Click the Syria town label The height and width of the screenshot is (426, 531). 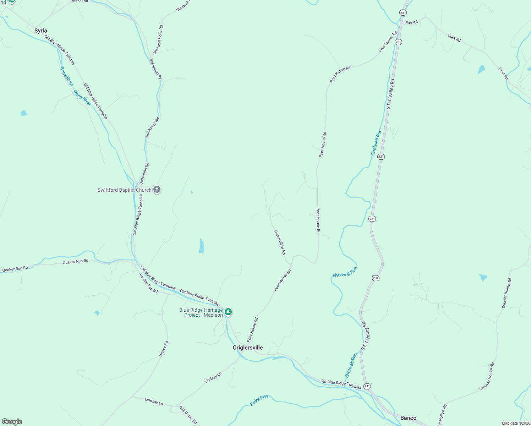click(x=40, y=31)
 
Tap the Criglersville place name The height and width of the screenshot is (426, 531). click(x=248, y=348)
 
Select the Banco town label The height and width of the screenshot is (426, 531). click(x=408, y=418)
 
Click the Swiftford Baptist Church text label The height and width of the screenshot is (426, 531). click(x=124, y=190)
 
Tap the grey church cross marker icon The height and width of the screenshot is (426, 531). click(x=157, y=190)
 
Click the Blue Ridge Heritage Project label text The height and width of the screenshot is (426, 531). click(x=201, y=312)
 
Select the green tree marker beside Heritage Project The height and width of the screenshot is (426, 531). click(x=228, y=312)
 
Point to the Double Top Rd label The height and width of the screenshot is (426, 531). click(x=148, y=283)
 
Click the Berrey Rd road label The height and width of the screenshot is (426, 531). click(x=164, y=349)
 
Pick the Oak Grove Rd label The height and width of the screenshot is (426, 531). click(x=188, y=415)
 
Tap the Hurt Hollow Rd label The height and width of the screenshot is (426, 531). click(x=280, y=242)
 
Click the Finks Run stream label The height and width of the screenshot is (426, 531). click(x=259, y=400)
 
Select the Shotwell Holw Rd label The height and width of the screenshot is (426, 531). click(x=158, y=39)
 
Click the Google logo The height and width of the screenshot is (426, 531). click(x=12, y=422)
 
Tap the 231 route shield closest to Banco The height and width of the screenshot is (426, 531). click(x=367, y=386)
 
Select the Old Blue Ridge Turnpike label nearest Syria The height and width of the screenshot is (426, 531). click(x=60, y=50)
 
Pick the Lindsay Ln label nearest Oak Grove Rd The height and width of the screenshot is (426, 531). click(x=154, y=402)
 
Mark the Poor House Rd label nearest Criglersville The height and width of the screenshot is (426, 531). click(x=252, y=330)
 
